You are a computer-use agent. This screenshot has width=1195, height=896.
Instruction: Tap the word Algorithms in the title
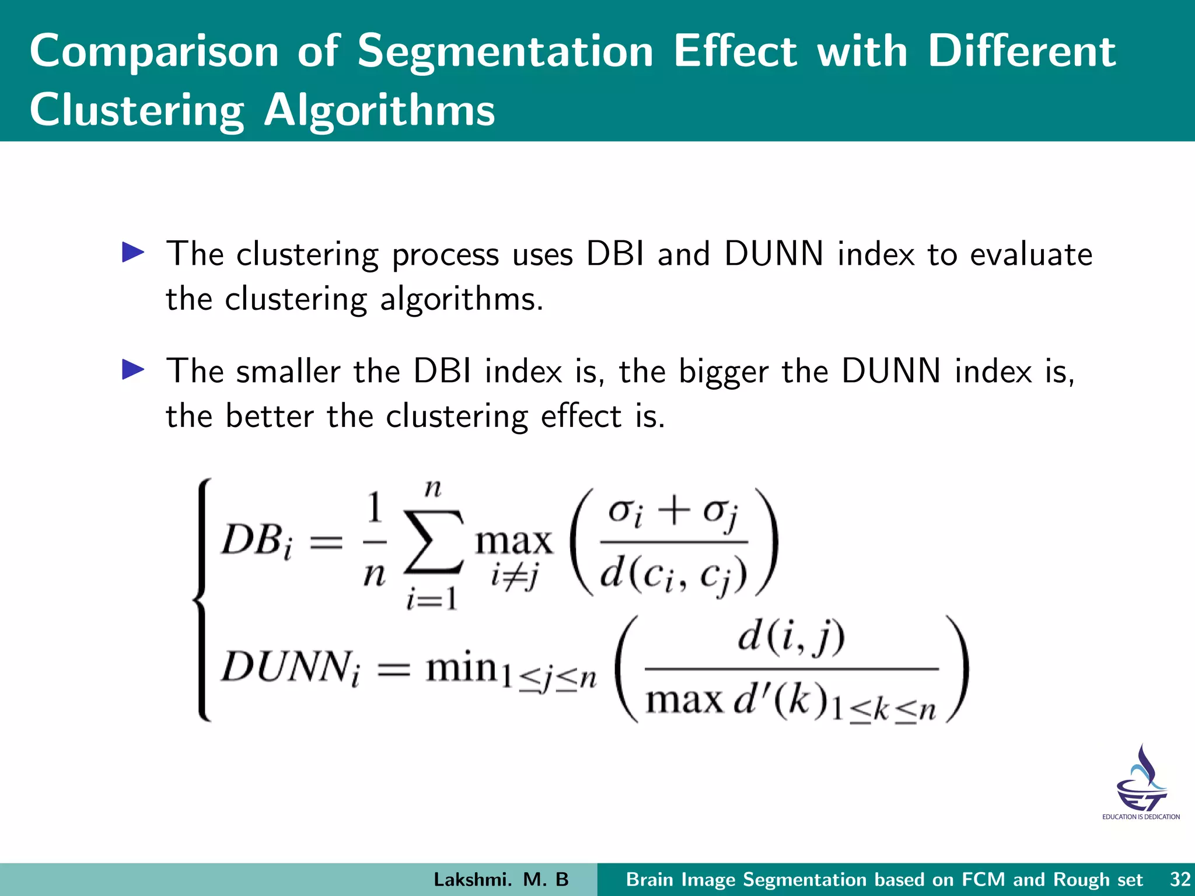[x=379, y=111]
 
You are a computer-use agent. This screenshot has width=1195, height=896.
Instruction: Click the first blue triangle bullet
[x=133, y=253]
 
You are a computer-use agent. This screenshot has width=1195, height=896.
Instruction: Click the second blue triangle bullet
[x=133, y=369]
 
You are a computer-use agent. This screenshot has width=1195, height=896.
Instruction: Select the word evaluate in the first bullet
[x=1030, y=254]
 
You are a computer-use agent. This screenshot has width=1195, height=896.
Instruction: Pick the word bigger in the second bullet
[x=723, y=372]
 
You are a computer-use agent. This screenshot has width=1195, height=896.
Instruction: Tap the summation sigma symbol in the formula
[x=434, y=541]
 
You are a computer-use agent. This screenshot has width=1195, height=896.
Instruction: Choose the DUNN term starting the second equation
[x=290, y=667]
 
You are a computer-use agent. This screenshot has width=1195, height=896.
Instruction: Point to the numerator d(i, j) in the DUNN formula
[x=791, y=637]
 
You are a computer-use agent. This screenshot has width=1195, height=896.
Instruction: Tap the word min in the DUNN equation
[x=461, y=667]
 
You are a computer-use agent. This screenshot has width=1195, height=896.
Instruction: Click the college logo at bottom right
[x=1141, y=782]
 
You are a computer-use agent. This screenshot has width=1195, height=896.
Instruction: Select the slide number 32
[x=1180, y=880]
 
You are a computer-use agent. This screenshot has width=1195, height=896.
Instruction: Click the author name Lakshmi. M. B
[x=501, y=880]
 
